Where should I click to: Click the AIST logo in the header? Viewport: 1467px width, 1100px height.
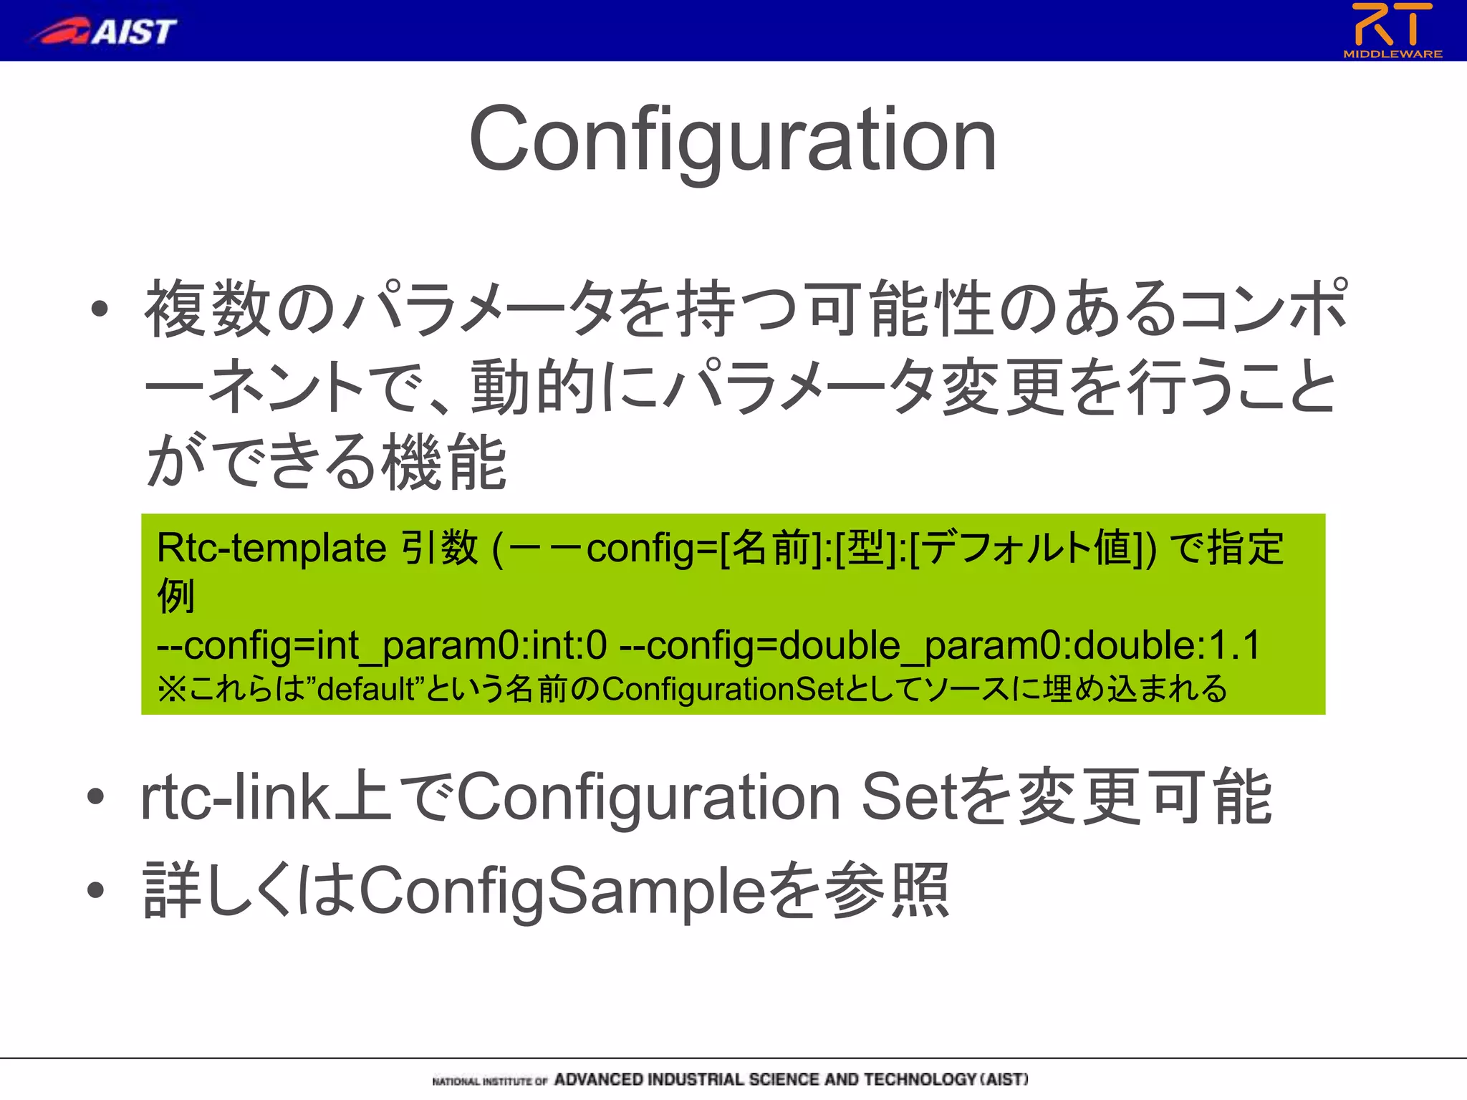106,31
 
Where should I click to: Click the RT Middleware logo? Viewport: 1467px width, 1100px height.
1392,30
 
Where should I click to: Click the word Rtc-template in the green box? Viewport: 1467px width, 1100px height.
271,549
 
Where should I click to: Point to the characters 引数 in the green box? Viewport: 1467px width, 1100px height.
439,549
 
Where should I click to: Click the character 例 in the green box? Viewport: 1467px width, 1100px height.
175,596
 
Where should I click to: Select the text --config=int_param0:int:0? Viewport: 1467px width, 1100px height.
381,645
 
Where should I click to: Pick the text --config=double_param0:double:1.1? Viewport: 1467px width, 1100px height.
939,645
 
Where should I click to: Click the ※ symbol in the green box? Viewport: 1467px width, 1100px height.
171,689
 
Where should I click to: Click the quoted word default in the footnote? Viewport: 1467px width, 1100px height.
366,689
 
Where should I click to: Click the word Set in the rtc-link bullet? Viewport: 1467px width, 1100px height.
909,797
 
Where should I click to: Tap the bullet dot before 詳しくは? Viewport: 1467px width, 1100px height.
96,890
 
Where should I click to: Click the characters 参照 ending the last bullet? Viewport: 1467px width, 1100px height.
888,891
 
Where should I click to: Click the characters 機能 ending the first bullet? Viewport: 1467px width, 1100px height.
444,462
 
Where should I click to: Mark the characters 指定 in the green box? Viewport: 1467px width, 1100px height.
1246,549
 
